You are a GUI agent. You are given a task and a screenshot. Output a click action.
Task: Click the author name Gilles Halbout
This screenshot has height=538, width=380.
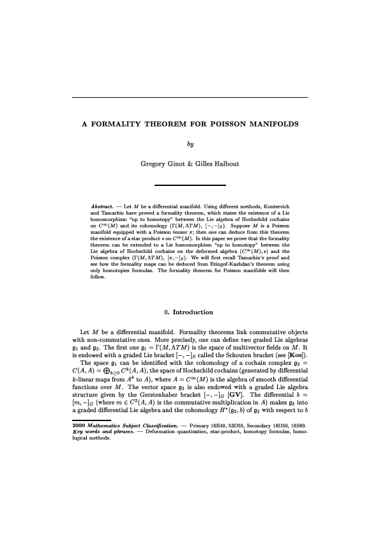pos(215,164)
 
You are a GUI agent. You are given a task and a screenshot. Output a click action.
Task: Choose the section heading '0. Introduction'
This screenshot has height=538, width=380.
pos(190,312)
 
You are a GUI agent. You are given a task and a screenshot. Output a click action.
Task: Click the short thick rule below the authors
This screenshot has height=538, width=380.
pos(190,185)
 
